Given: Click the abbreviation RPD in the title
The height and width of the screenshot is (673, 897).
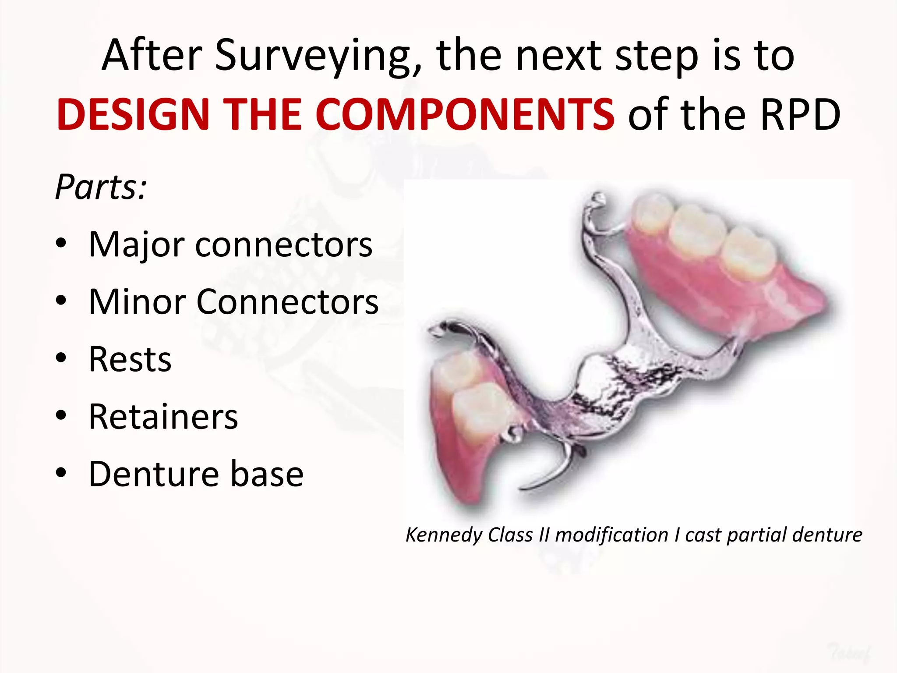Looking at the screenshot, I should (x=800, y=115).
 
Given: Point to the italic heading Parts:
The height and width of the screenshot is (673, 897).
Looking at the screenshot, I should (x=101, y=188).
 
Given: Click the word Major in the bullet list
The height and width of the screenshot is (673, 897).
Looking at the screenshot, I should (x=136, y=244).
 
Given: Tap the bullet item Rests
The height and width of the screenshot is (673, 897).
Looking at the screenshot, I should (x=130, y=359).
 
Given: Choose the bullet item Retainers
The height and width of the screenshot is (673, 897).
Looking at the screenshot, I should (x=163, y=417).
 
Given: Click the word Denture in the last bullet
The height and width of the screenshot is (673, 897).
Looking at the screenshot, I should (x=153, y=474).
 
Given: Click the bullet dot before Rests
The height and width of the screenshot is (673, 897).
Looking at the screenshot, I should (x=61, y=358).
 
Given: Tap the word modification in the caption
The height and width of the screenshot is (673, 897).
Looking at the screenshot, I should (x=611, y=535).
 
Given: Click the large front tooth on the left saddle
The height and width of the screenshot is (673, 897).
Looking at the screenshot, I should (x=480, y=410).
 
